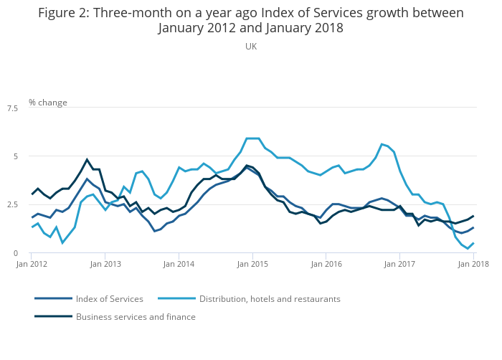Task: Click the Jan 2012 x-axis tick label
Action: (32, 265)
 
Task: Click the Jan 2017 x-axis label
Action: (399, 265)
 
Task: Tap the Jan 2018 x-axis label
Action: (473, 265)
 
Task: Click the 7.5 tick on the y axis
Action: (12, 108)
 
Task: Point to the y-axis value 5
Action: (16, 156)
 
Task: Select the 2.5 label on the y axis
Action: (12, 204)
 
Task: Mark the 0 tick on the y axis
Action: (16, 253)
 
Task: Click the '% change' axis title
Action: (48, 103)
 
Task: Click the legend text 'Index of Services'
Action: (110, 299)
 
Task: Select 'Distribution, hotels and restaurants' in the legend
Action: (270, 299)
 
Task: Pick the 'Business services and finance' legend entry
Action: (136, 316)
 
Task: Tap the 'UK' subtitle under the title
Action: (251, 47)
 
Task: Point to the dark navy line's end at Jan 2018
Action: (473, 216)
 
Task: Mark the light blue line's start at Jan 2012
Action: (32, 227)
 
